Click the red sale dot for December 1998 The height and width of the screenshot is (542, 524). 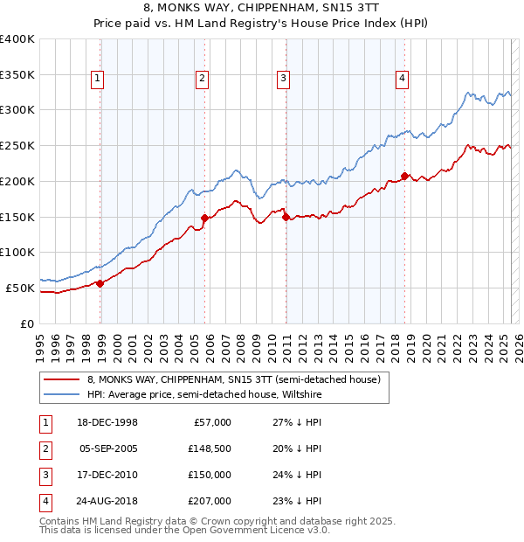[x=100, y=282]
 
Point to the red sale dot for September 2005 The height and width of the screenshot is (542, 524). [x=204, y=218]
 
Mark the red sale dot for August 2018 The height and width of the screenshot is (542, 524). [x=405, y=176]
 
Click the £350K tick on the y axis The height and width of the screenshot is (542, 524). [x=17, y=75]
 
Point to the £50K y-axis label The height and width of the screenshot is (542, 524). [x=21, y=288]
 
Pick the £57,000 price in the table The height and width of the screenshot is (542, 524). [x=210, y=422]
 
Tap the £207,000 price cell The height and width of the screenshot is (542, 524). [x=210, y=501]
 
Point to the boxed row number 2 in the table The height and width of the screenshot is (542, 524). [x=45, y=448]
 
